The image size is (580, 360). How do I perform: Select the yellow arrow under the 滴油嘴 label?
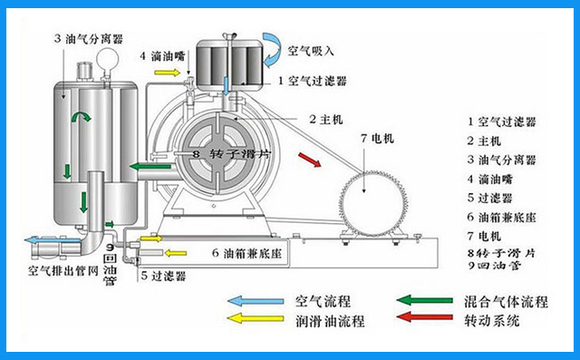point(167,72)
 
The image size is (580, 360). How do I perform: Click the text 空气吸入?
point(310,49)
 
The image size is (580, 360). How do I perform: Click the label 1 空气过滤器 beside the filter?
point(314,81)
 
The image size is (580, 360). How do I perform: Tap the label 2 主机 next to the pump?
point(324,117)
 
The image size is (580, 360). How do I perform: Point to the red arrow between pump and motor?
point(309,161)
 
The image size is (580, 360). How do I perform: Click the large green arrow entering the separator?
point(144,166)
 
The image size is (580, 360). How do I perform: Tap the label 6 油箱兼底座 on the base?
point(247,253)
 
